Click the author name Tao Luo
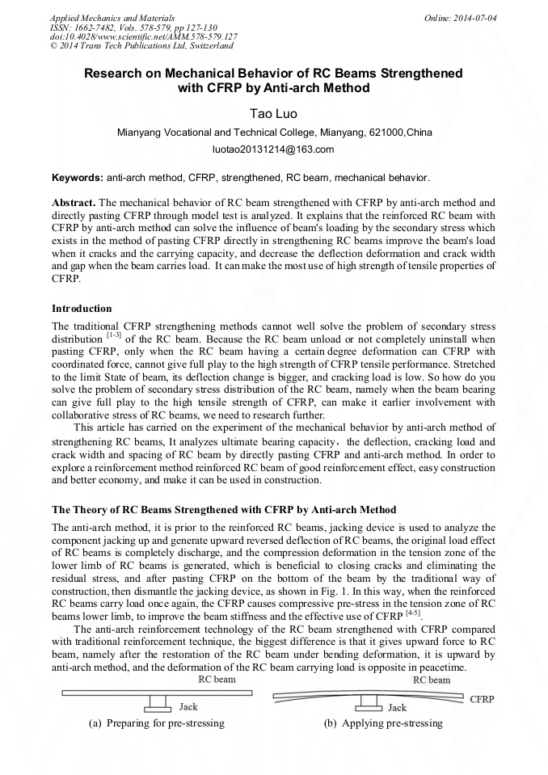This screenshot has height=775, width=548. pyautogui.click(x=274, y=114)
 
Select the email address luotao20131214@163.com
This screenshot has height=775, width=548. pyautogui.click(x=273, y=150)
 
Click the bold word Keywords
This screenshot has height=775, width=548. pyautogui.click(x=77, y=177)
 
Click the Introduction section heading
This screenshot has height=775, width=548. pyautogui.click(x=82, y=309)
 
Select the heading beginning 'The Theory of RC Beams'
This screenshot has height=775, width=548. pyautogui.click(x=224, y=510)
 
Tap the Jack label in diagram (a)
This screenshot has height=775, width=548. pyautogui.click(x=188, y=708)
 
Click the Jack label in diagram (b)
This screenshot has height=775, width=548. pyautogui.click(x=397, y=708)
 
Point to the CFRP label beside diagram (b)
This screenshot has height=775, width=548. pyautogui.click(x=483, y=699)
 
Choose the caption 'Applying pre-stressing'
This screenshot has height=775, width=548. pyautogui.click(x=383, y=723)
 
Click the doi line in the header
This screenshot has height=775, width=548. pyautogui.click(x=143, y=36)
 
